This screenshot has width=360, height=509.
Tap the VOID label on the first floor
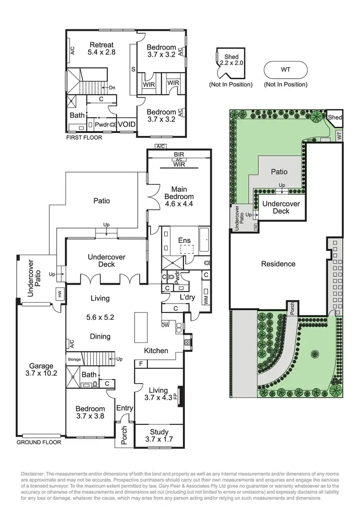tap(127, 124)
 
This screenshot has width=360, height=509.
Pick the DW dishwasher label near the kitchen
tap(166, 325)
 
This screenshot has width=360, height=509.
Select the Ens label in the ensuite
tap(184, 241)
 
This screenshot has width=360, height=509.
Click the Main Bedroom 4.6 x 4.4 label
tap(179, 193)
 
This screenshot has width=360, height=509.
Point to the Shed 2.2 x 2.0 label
tap(231, 60)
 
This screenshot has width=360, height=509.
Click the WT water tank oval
tap(286, 70)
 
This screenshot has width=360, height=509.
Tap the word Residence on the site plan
tap(278, 264)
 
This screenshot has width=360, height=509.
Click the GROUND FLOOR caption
tap(39, 442)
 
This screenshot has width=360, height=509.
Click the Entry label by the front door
tap(124, 408)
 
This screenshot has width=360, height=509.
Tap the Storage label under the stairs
tap(74, 359)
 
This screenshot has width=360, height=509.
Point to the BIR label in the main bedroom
tap(179, 155)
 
